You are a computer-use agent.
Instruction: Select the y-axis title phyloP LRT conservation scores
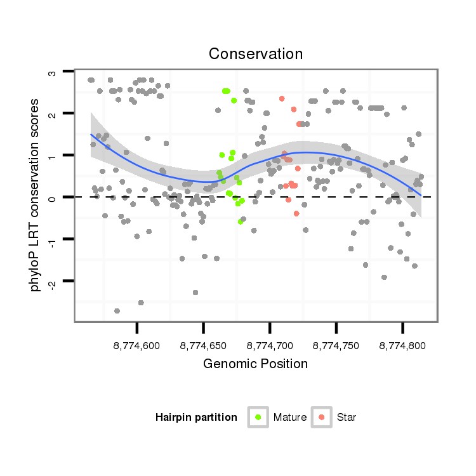(36, 195)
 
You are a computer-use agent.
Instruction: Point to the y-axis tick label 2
(53, 114)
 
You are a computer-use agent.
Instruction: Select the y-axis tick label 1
(53, 156)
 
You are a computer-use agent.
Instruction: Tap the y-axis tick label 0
(53, 197)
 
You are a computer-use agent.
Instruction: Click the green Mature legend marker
(258, 417)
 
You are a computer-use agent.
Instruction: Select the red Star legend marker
(322, 417)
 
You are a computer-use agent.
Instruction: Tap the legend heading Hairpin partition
(196, 418)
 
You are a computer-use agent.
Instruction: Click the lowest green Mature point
(241, 221)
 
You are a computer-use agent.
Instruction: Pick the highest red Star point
(281, 98)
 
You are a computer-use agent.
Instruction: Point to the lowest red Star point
(296, 213)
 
